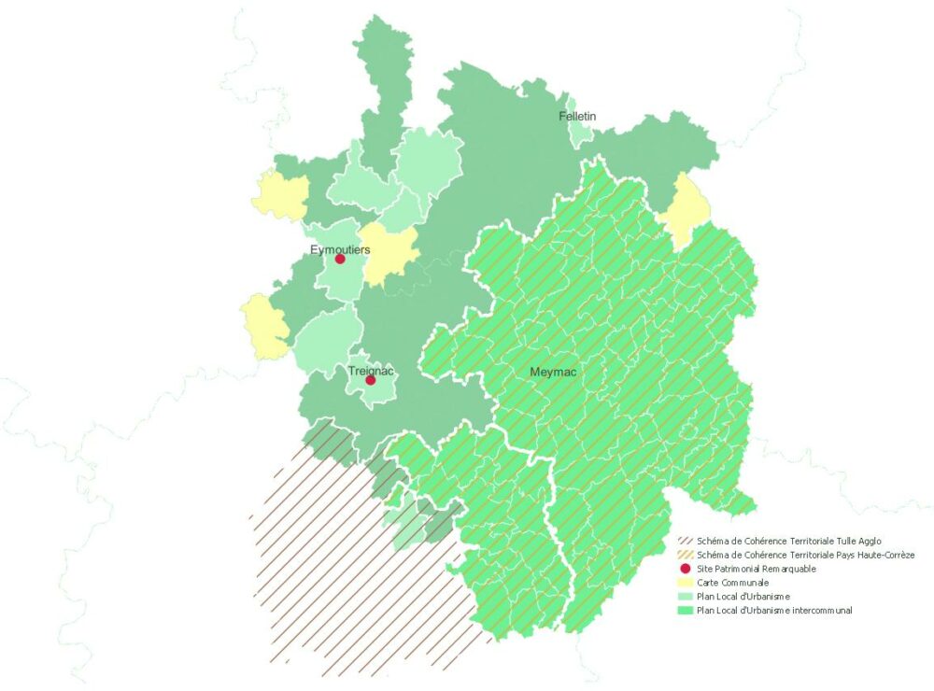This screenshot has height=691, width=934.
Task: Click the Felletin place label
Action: point(577,117)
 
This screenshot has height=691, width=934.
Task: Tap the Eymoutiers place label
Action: point(340,249)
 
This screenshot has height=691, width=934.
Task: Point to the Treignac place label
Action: point(371,371)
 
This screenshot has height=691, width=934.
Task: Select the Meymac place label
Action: point(553,373)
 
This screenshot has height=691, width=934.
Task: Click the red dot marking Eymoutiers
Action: point(340,260)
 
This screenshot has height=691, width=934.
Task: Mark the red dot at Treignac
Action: point(371,380)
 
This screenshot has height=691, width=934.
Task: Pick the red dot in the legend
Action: point(685,569)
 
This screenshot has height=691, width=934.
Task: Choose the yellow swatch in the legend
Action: point(685,583)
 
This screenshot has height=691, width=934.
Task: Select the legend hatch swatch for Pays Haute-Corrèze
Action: point(685,555)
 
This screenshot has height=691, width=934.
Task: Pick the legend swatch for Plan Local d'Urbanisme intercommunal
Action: point(685,611)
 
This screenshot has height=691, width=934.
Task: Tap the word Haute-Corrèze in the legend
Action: point(883,555)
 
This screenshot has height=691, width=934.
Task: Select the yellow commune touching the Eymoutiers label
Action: point(387,252)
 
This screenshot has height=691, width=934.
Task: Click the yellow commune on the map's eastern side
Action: point(686,211)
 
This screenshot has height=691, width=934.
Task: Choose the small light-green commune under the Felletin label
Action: point(581,134)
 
